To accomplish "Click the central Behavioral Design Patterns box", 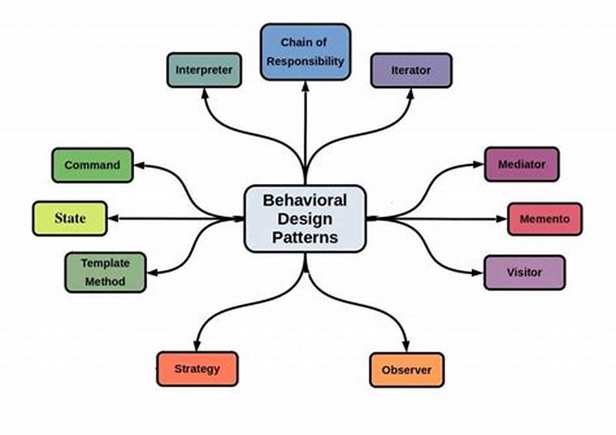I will coord(305,219).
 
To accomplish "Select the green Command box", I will coord(92,165).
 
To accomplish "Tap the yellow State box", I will coord(69,219).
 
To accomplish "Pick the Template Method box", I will coord(105,272).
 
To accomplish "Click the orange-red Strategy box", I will coord(197,369).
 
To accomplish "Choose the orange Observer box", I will coord(407,370).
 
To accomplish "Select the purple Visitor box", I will coord(524,273).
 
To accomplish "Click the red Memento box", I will coord(544,219).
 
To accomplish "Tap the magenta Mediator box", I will coord(521,164).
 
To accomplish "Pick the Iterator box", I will coord(411,71).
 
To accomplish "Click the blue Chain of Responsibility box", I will coord(305,52).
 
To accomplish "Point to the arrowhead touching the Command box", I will coord(139,164).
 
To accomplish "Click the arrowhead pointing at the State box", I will coord(114,219).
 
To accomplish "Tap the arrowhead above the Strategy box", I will coord(198,346).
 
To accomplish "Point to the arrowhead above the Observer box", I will coord(407,347).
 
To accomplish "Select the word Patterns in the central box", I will coord(305,238).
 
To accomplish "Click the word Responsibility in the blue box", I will coord(305,62).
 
